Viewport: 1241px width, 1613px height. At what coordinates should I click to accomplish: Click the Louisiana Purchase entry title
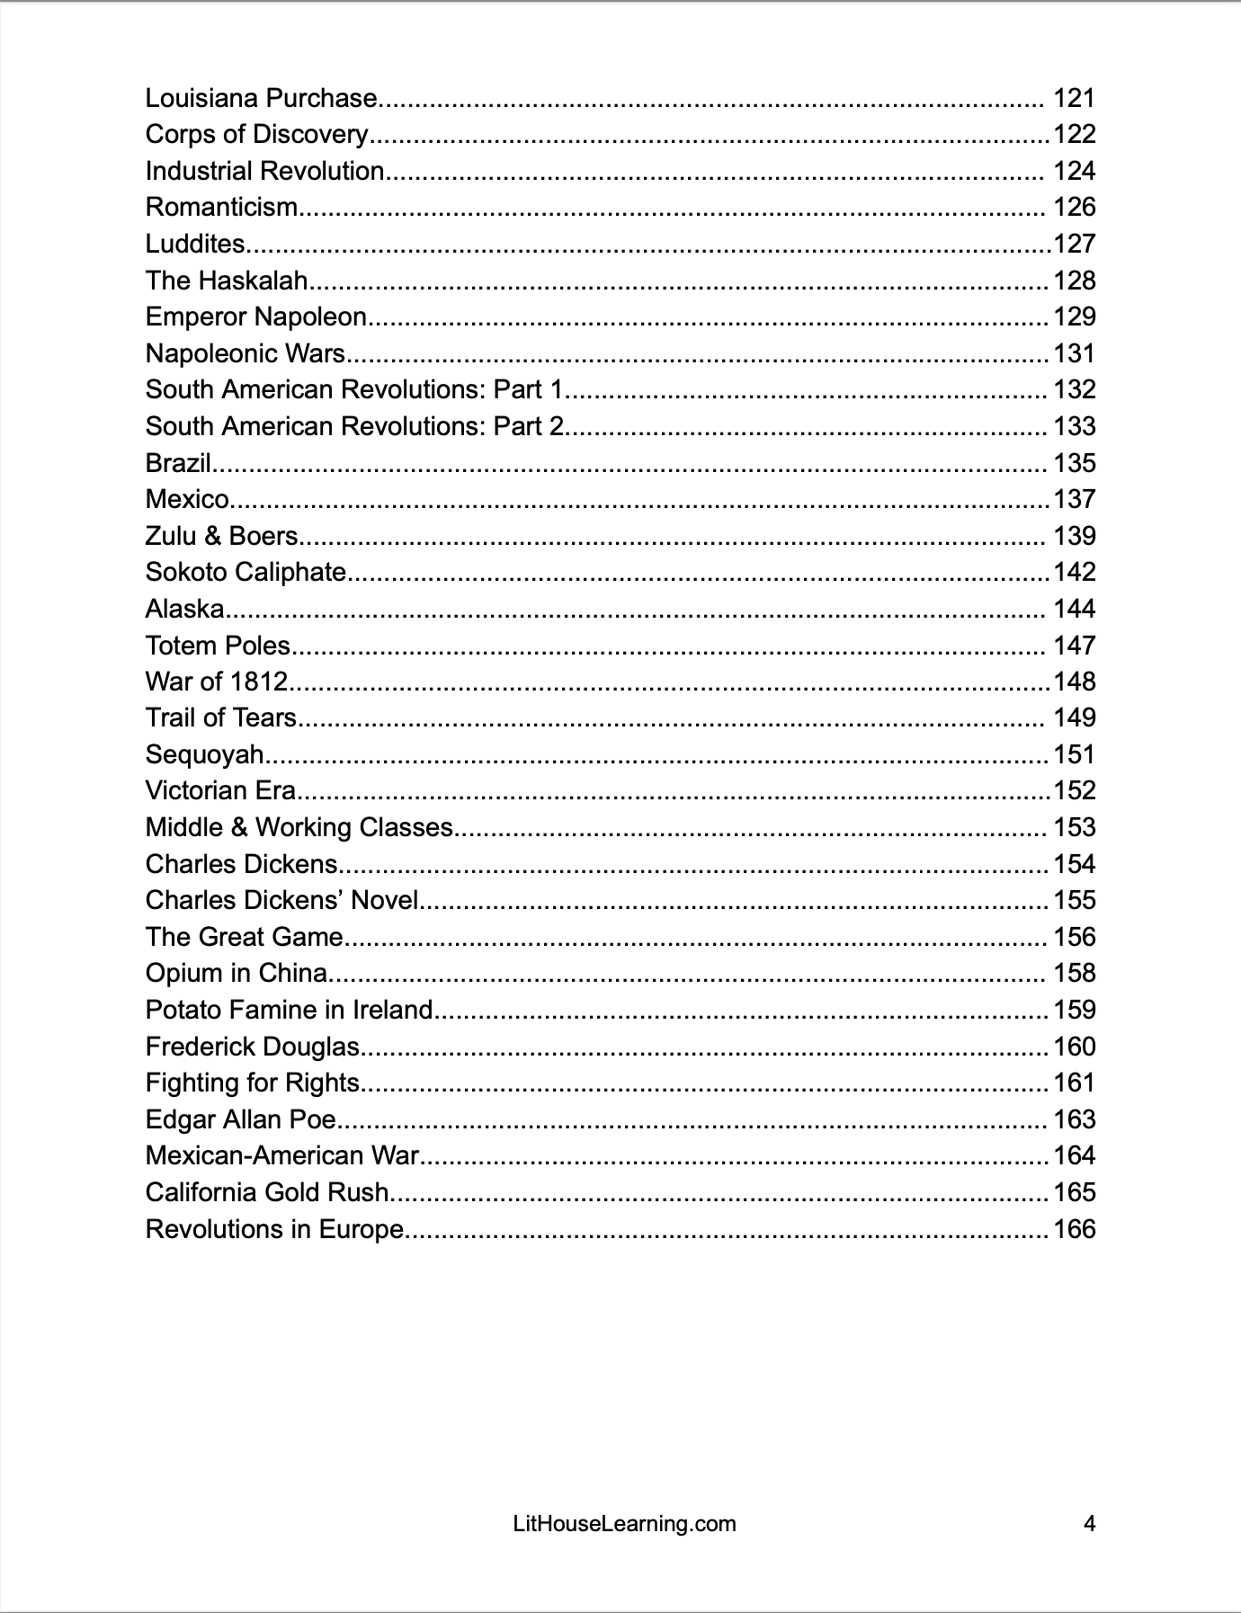tap(262, 98)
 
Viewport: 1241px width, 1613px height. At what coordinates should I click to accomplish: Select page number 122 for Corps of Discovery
tap(1075, 134)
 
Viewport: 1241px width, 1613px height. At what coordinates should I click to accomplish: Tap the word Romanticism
tap(221, 207)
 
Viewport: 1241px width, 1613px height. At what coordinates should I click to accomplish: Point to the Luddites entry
tap(195, 244)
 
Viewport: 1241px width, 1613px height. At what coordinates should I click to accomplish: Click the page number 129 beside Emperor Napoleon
tap(1075, 316)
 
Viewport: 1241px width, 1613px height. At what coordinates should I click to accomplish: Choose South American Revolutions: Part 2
tap(355, 426)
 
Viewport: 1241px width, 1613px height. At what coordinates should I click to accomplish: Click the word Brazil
tap(178, 463)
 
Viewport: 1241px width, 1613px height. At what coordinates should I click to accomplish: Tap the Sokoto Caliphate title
tap(246, 572)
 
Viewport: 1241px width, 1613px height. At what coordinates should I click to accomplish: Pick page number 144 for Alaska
tap(1075, 609)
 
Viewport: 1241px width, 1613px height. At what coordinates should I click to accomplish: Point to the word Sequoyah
tap(205, 754)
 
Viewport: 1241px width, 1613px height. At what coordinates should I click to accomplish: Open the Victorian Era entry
tap(220, 790)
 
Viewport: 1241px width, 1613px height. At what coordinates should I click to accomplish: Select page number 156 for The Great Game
tap(1075, 937)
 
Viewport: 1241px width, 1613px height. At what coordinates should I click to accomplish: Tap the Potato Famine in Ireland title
tap(290, 1010)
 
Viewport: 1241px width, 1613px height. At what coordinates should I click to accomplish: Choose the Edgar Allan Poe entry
tap(241, 1119)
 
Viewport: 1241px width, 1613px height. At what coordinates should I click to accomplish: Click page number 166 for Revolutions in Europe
tap(1075, 1229)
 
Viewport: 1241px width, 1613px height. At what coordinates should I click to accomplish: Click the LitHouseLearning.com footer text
tap(624, 1524)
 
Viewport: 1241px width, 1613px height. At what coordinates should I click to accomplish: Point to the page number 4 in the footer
tap(1089, 1524)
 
